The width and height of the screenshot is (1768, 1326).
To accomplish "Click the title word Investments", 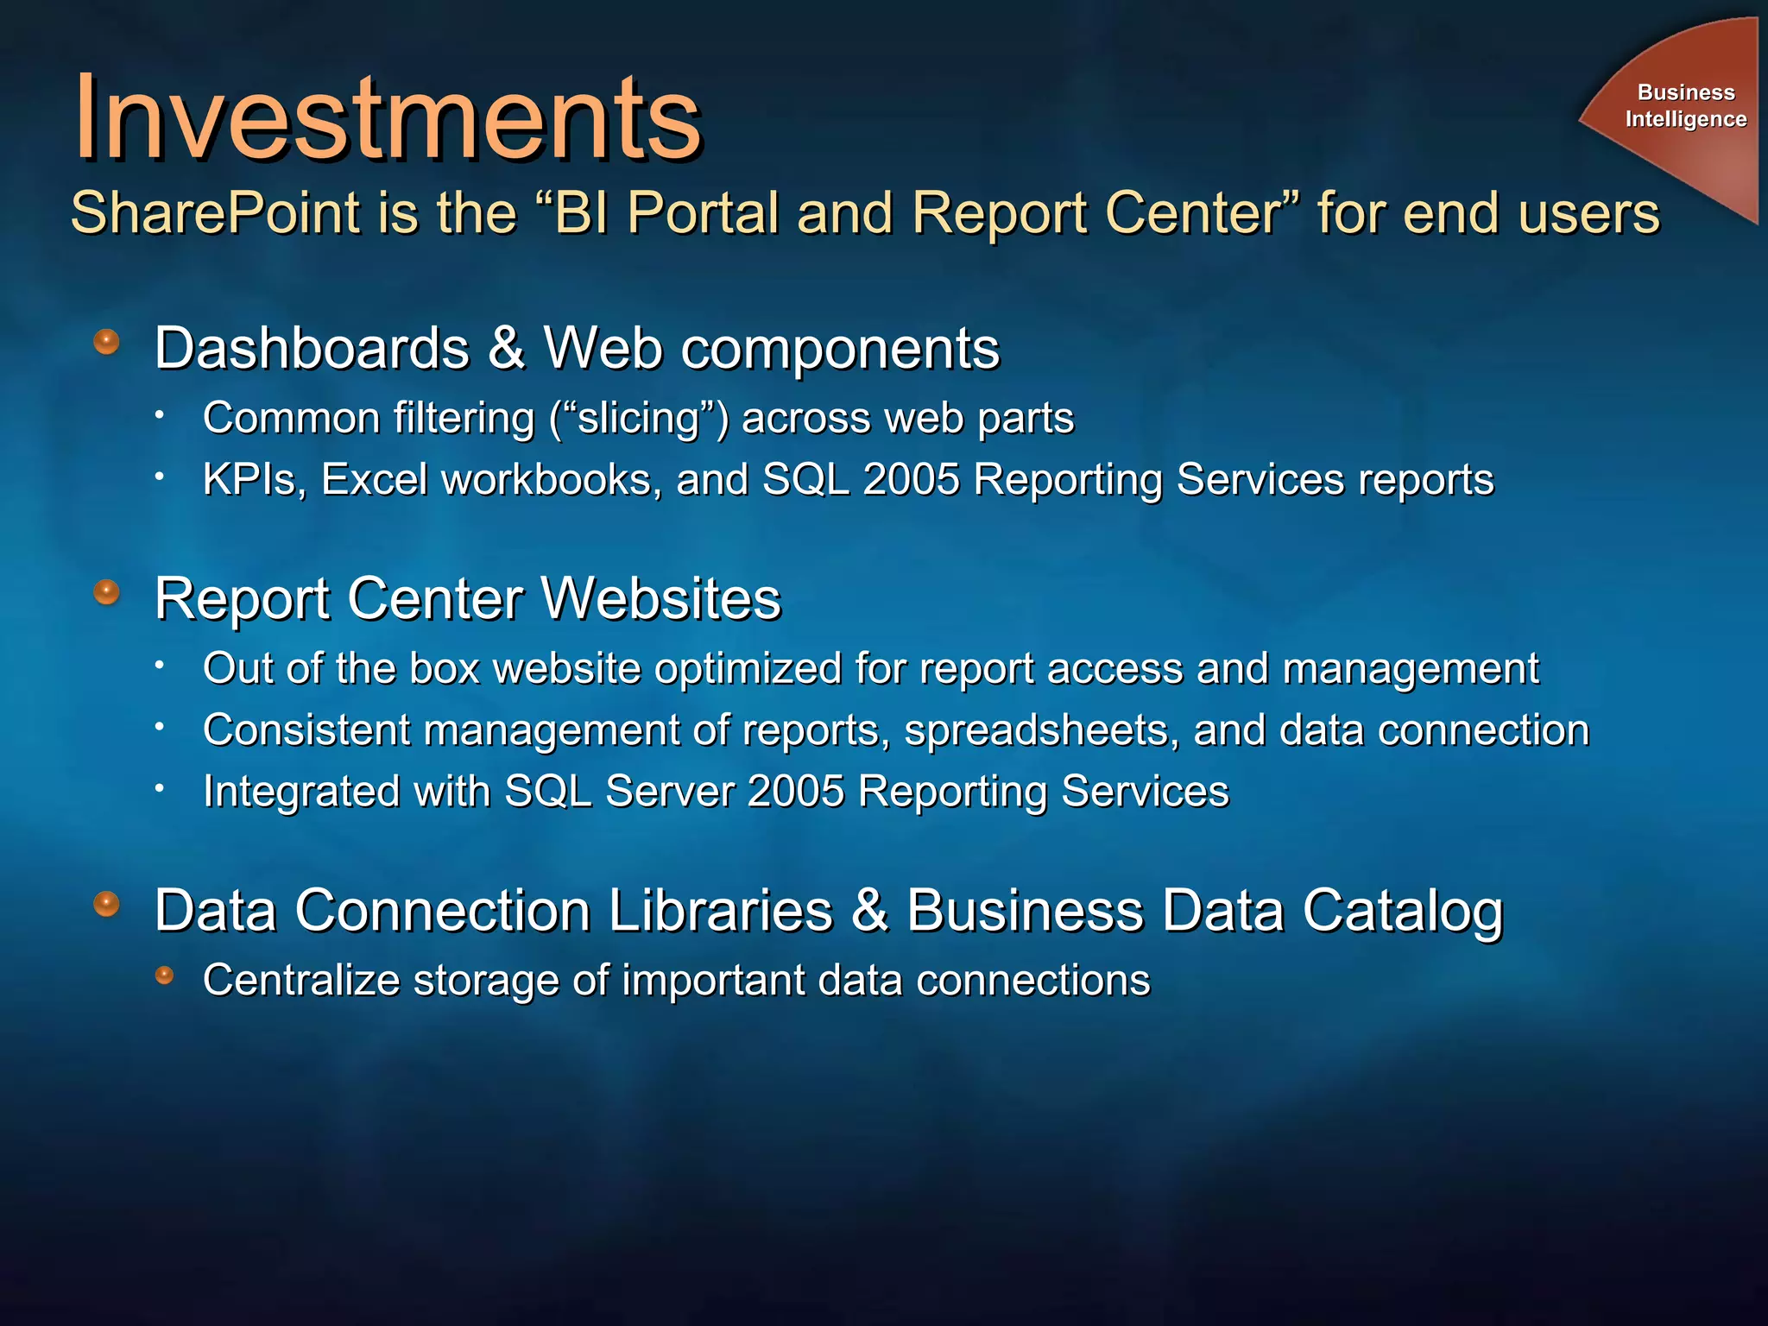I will pos(388,118).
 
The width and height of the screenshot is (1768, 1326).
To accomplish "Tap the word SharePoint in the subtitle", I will pos(215,213).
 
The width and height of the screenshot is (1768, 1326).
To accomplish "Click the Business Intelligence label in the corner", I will pos(1685,105).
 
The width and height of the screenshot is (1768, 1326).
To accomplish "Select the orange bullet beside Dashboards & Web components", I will pos(106,342).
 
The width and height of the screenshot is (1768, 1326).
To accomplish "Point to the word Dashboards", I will pos(312,349).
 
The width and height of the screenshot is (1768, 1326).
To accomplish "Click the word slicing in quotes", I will pos(639,419).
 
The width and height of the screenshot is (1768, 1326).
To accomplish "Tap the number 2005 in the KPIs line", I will pos(911,480).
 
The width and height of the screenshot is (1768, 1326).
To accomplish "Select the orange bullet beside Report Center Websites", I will pos(106,592).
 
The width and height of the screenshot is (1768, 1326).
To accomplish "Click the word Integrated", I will pos(301,792).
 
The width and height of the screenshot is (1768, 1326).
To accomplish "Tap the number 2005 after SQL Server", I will pos(795,792).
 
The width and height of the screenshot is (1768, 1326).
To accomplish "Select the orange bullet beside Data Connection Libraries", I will pos(106,904).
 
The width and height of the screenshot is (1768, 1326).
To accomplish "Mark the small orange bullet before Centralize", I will pos(164,976).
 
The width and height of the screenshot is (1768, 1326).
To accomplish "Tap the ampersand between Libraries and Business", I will pos(869,911).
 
